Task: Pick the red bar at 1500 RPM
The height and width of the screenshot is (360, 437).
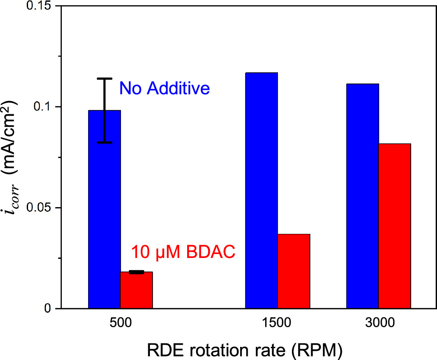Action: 294,271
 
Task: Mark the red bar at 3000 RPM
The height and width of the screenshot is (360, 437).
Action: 394,226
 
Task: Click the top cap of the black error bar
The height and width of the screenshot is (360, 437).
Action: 104,79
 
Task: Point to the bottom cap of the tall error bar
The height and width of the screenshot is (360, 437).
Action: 104,142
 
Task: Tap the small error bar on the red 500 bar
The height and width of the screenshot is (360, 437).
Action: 137,272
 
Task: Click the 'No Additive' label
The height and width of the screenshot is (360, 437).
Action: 165,89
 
